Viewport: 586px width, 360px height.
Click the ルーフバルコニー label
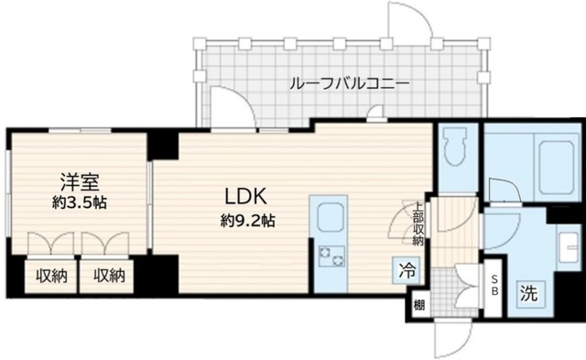click(x=336, y=84)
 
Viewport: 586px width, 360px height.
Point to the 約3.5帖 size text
click(x=79, y=203)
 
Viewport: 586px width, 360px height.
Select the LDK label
click(x=247, y=197)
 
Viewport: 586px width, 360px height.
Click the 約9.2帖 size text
click(x=247, y=220)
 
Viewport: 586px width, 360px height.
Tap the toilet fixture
click(x=453, y=147)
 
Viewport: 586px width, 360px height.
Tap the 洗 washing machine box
click(x=530, y=295)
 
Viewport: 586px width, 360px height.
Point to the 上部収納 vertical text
click(x=418, y=224)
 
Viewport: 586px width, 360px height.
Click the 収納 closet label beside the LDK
click(x=106, y=275)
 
